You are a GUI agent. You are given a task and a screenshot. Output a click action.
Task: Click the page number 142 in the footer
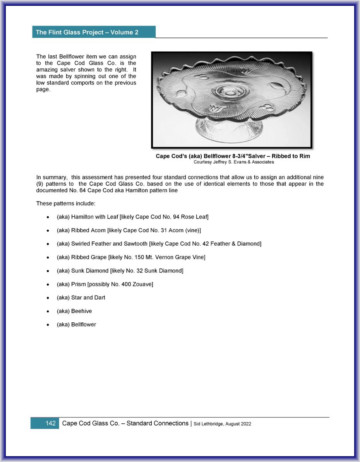coord(50,423)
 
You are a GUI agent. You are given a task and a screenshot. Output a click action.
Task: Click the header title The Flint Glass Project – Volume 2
coord(87,33)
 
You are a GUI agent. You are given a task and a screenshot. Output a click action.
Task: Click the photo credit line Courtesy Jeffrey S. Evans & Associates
coord(233,162)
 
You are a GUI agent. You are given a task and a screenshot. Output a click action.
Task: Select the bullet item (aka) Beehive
coord(74,311)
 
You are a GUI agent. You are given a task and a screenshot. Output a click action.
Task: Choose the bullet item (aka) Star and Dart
coord(81,298)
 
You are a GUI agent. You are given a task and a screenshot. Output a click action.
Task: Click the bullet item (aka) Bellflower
coord(76,325)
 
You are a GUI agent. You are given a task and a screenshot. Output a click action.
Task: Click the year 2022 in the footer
coord(245,424)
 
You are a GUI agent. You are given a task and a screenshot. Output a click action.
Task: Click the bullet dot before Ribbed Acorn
coord(48,231)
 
